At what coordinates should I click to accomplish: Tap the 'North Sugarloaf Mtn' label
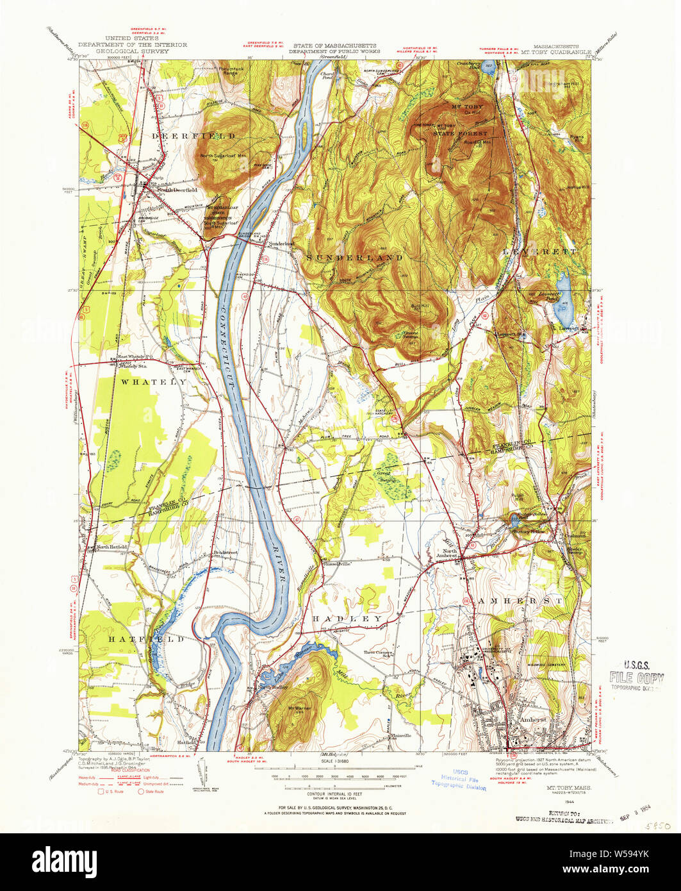[224, 156]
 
